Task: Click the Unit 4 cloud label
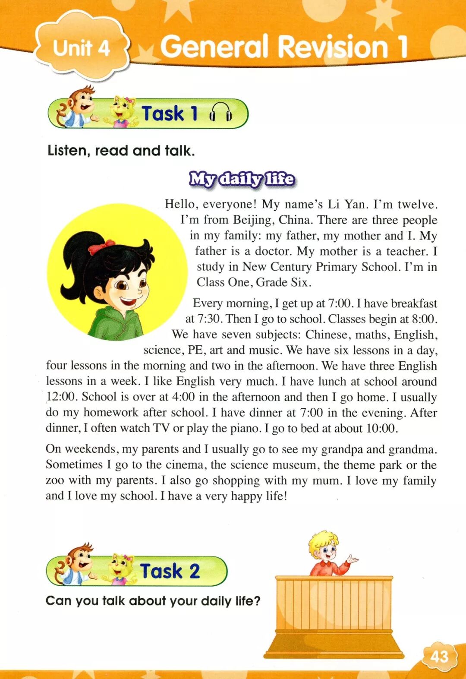(x=81, y=47)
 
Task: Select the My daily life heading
(x=242, y=179)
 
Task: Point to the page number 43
(x=439, y=657)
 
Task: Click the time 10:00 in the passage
(x=381, y=428)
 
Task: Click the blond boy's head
(x=324, y=546)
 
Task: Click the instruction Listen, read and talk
(x=121, y=151)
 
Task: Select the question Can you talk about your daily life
(x=153, y=600)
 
